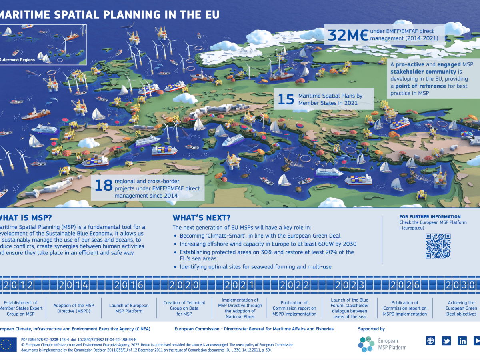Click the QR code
[438, 246]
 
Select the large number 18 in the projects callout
[103, 185]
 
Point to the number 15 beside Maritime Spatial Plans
[286, 99]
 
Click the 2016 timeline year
[129, 285]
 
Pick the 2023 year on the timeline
[350, 285]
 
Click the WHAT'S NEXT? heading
[201, 218]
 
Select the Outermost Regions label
[17, 60]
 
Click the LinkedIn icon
[462, 341]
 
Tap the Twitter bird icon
[446, 341]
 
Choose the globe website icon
[430, 341]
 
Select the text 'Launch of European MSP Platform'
[129, 308]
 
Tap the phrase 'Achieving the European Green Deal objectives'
[461, 308]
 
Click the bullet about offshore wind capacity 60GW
[268, 244]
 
